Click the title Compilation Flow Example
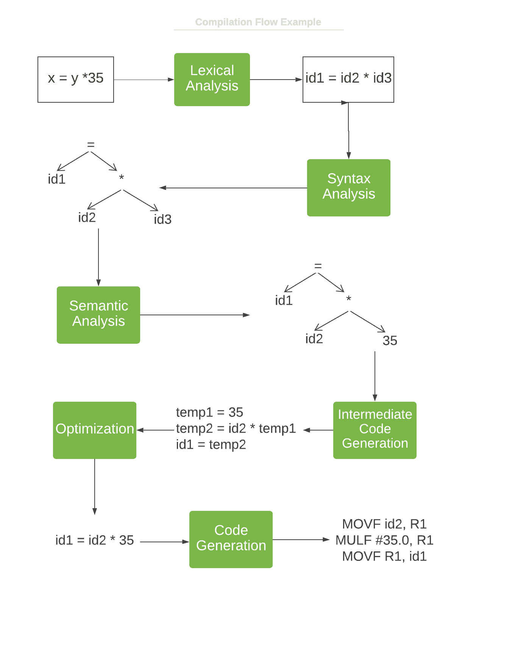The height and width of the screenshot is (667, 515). click(258, 22)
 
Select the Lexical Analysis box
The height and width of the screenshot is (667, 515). click(212, 80)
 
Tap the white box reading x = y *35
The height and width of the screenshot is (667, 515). click(76, 80)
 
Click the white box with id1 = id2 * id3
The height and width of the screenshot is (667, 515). click(348, 80)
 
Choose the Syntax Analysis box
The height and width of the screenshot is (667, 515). click(348, 188)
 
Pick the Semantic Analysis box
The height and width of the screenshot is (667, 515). click(98, 315)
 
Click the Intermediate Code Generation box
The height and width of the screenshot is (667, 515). click(375, 430)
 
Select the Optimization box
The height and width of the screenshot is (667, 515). click(95, 430)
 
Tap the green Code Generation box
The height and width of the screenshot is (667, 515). click(231, 539)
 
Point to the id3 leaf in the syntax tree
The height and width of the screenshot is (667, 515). click(163, 219)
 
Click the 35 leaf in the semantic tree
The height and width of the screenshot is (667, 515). click(390, 340)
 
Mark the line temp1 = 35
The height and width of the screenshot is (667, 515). click(209, 412)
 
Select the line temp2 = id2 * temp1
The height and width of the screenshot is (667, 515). click(236, 429)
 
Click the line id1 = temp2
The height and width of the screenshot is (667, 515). click(211, 445)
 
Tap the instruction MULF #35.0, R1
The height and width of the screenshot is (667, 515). click(384, 540)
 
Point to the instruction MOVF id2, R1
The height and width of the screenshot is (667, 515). click(384, 524)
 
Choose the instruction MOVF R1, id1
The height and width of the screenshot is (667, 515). click(384, 556)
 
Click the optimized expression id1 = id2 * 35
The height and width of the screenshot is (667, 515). click(95, 540)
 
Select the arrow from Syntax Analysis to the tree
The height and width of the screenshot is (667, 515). click(233, 188)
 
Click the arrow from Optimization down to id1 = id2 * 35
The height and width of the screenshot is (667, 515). click(95, 487)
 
